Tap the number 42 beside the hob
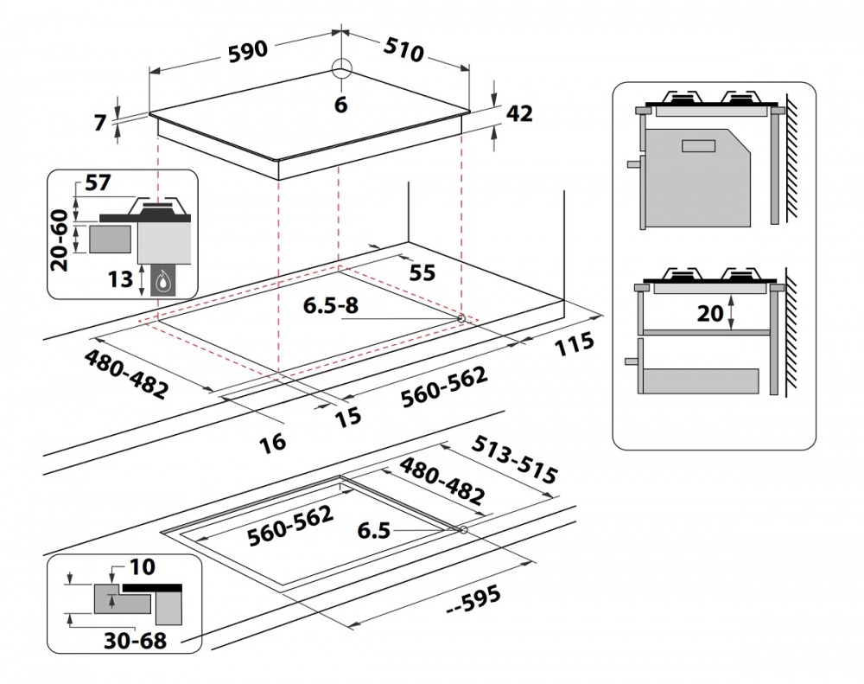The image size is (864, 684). pyautogui.click(x=519, y=113)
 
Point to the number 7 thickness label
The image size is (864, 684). pyautogui.click(x=99, y=123)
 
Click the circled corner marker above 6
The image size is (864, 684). pyautogui.click(x=341, y=72)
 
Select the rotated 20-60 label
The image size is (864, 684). pyautogui.click(x=60, y=238)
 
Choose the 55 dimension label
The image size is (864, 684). pyautogui.click(x=421, y=272)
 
